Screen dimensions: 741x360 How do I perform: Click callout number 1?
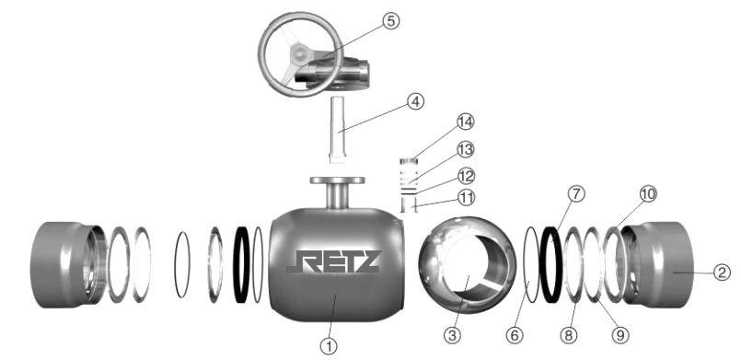click(329, 346)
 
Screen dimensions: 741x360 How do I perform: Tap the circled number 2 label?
click(722, 273)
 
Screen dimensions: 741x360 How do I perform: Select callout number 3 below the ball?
click(452, 335)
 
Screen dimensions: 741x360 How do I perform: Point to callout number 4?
click(415, 101)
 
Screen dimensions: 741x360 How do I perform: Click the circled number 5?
click(391, 21)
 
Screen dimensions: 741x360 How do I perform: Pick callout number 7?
click(576, 194)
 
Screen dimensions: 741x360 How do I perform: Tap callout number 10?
click(648, 193)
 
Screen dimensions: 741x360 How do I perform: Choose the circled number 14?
click(465, 122)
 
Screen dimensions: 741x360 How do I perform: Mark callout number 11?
click(467, 197)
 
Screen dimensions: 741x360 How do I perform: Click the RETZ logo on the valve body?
click(332, 261)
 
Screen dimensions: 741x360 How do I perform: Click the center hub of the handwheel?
click(299, 52)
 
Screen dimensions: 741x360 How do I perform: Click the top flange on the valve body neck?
click(338, 180)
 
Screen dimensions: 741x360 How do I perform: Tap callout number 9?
click(620, 335)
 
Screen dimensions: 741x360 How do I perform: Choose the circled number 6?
click(515, 335)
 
